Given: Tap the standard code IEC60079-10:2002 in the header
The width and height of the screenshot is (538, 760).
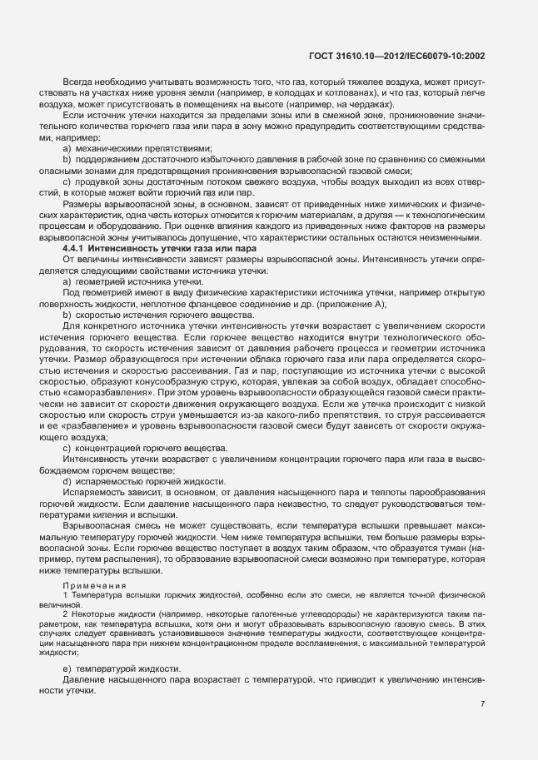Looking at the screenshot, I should pyautogui.click(x=443, y=57).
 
